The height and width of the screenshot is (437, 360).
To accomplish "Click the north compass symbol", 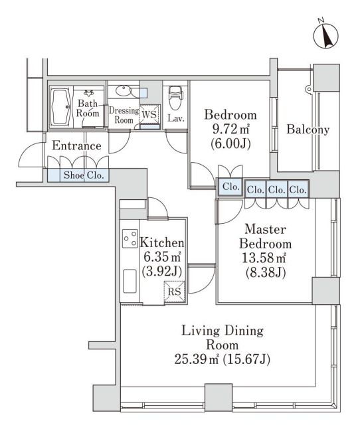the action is click(x=325, y=35).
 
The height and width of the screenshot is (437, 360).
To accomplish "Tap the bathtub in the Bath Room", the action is click(x=60, y=107).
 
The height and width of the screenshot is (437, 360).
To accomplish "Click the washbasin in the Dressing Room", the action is click(x=123, y=90).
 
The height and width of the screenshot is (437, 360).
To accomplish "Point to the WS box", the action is click(x=150, y=114).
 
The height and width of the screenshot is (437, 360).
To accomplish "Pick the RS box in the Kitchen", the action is click(x=175, y=292).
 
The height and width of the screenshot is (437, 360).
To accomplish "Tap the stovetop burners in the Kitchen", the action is click(x=130, y=238).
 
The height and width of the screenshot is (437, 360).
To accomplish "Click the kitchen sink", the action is click(x=130, y=281).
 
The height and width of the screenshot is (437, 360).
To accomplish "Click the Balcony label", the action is click(x=308, y=130).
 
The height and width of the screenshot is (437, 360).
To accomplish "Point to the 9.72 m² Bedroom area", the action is click(x=230, y=129).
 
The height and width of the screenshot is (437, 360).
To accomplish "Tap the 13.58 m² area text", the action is click(x=264, y=258).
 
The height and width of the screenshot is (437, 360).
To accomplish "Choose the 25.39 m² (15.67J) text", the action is click(x=222, y=359).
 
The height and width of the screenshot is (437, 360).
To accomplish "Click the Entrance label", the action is click(x=76, y=145).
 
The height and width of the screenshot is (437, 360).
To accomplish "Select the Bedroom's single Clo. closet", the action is click(x=230, y=187).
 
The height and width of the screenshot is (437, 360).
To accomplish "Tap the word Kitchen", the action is click(x=162, y=242).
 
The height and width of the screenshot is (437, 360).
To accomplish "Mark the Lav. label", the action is click(x=176, y=119).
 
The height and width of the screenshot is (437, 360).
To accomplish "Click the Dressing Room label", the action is click(x=124, y=115).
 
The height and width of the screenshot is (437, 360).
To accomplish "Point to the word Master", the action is click(x=265, y=229).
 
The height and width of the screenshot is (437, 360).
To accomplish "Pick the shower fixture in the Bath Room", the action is click(x=89, y=93).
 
